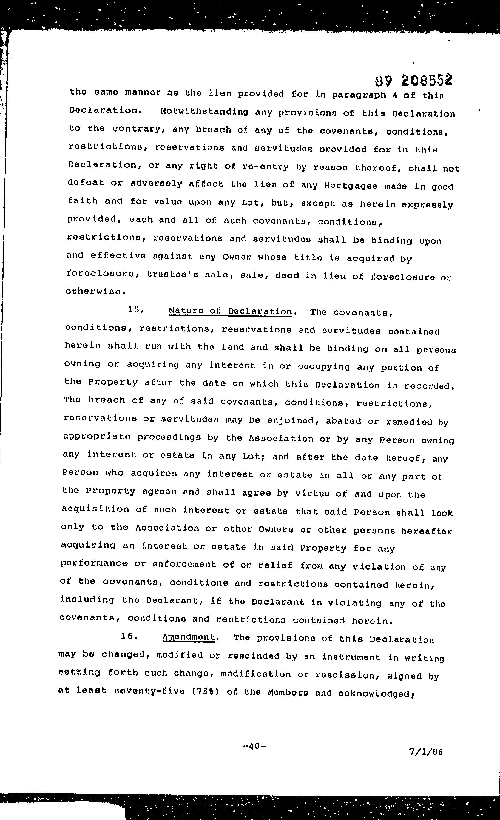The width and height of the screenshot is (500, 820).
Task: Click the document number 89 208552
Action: (x=413, y=80)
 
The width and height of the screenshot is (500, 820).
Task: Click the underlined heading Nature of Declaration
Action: (x=230, y=311)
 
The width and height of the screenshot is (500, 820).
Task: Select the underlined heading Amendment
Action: (x=188, y=637)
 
